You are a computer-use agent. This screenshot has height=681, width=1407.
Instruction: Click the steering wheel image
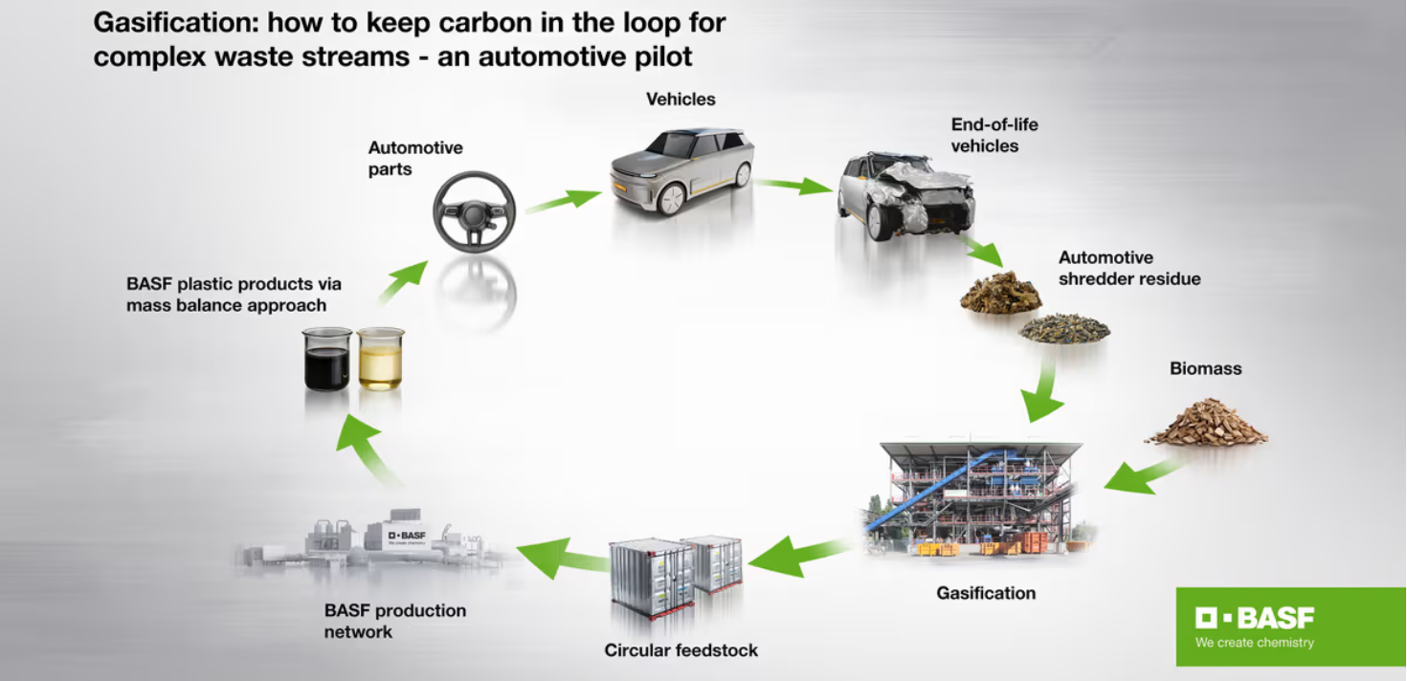474,211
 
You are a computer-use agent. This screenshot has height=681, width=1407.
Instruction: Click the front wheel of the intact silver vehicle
670,199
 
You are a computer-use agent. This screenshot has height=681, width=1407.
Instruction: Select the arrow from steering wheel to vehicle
564,200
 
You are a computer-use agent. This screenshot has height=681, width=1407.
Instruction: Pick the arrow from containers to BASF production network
560,556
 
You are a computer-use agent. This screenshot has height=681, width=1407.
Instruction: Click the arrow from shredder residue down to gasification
1042,391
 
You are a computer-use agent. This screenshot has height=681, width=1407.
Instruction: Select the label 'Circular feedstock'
681,650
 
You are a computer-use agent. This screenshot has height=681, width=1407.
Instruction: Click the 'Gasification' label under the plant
986,593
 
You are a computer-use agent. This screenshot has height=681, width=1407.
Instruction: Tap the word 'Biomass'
1205,368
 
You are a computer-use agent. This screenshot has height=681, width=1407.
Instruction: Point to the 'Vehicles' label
681,99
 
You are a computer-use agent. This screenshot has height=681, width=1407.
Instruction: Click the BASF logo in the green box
1254,618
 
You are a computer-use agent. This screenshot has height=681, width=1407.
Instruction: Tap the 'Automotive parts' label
415,159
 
